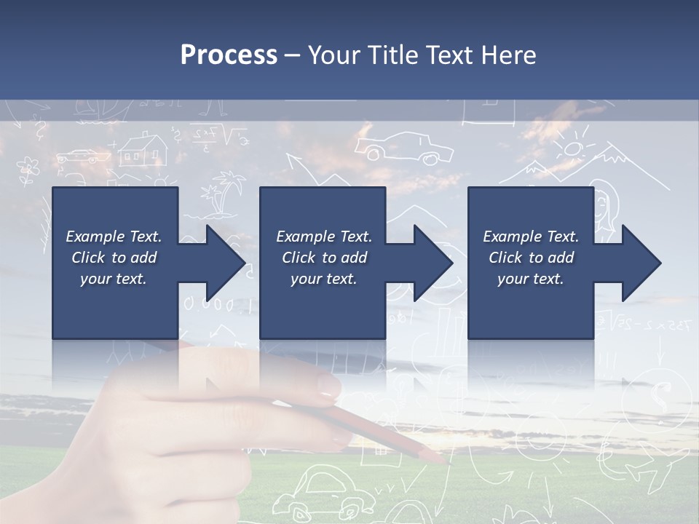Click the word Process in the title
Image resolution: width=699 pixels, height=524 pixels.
229,55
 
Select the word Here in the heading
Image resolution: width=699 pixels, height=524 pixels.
509,55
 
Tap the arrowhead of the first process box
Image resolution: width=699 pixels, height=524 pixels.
224,263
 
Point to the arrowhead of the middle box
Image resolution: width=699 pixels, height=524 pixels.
433,263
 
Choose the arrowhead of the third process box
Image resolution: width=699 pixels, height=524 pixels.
641,263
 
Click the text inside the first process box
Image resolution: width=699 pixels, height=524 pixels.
114,258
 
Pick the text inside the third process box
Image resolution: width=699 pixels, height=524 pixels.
531,258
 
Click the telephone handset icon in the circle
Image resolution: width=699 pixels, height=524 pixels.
661,396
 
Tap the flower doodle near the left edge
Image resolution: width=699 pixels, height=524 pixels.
28,170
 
